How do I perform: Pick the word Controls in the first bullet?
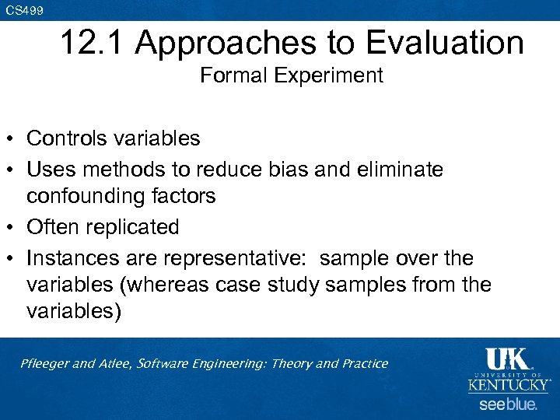click(x=67, y=138)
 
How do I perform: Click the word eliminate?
click(x=401, y=168)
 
